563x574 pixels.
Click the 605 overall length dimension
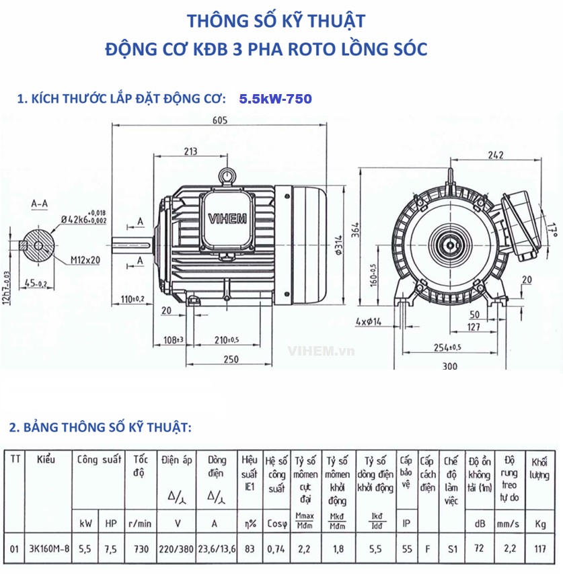coord(220,120)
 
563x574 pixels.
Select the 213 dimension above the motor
coord(190,151)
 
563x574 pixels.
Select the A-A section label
coord(40,202)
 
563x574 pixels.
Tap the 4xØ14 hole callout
coord(368,323)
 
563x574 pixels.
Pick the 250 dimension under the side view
coord(231,360)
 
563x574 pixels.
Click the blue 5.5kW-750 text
coord(275,99)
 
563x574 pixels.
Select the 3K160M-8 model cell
coord(49,549)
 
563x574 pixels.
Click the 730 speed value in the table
coord(141,549)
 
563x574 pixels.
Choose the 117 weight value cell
coord(541,549)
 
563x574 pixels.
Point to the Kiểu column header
coord(46,460)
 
